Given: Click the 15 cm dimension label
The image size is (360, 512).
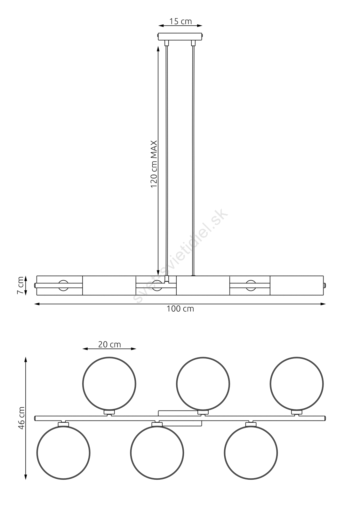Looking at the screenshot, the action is click(x=180, y=21).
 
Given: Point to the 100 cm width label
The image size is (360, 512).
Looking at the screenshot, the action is click(x=180, y=309).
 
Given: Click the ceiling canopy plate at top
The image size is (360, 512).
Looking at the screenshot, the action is click(x=180, y=37).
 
